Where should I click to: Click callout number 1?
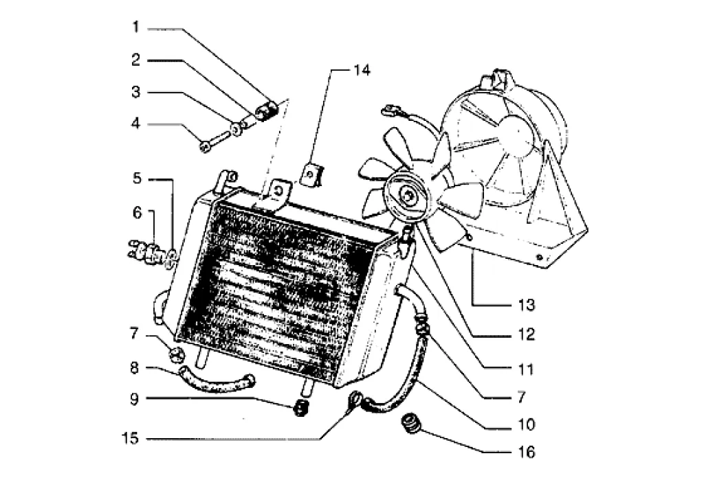136,27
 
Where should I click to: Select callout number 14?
362,70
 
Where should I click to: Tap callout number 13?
527,305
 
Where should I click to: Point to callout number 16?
527,452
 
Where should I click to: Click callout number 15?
131,438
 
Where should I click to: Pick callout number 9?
134,399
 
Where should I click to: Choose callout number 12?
527,334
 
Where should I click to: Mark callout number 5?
137,178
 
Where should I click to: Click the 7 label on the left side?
134,334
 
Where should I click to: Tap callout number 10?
527,424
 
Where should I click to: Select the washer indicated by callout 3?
235,129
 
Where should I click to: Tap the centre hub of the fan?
408,196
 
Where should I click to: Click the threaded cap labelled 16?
410,424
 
